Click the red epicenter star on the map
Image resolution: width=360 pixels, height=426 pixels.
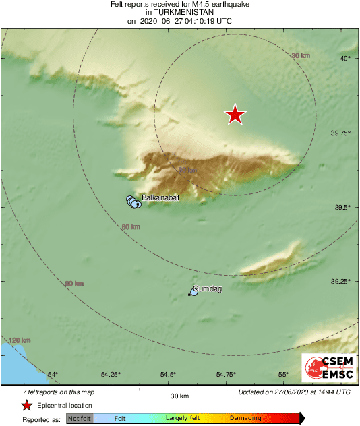tap(235, 115)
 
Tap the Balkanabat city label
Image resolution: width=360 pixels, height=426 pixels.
tap(160, 198)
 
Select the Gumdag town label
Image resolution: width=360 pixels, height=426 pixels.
tap(208, 289)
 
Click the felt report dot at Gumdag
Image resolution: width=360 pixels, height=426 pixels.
tap(193, 293)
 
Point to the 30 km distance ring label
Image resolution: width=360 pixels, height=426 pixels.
tap(301, 55)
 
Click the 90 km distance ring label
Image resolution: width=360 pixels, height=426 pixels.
tap(74, 284)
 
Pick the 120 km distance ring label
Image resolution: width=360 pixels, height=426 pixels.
tap(20, 340)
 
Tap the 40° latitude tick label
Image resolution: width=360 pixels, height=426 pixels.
tap(346, 59)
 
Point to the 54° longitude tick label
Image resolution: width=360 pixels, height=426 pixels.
tap(53, 375)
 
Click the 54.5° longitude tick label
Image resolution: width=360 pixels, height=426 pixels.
tap(168, 375)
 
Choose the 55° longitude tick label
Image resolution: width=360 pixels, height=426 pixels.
tap(283, 375)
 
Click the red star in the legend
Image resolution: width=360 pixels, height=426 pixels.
tap(26, 405)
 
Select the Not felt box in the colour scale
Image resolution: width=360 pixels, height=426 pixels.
tap(80, 419)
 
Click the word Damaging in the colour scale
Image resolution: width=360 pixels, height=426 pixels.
tap(245, 419)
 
